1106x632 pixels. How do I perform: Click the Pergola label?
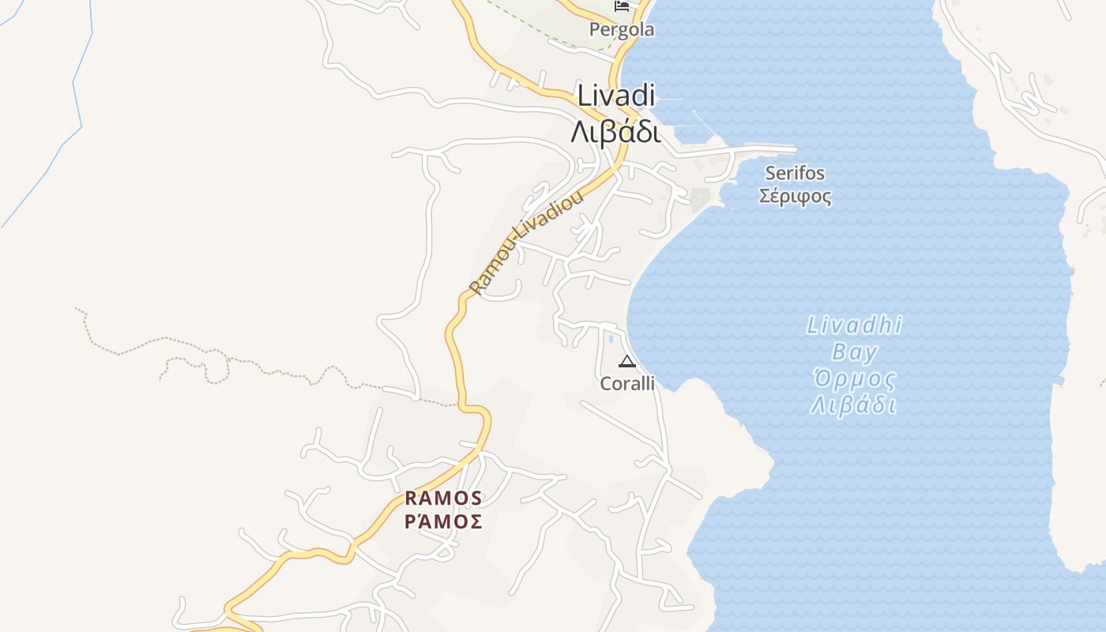pos(622,30)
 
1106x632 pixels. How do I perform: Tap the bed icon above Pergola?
pos(622,7)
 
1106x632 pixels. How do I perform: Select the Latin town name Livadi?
pos(616,96)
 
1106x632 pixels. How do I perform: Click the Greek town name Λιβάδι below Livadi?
pos(615,132)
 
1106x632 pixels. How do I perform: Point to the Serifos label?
pos(795,173)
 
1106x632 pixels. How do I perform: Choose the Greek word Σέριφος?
pos(795,195)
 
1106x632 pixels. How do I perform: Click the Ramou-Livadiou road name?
pos(526,242)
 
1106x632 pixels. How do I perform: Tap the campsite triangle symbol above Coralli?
pos(627,362)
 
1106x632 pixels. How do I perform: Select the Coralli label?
pos(627,384)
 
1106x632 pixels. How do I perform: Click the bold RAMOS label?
pos(443,498)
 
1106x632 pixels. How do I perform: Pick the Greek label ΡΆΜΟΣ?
pos(443,521)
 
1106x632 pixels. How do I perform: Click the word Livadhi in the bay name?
pos(854,325)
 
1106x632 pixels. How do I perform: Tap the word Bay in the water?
pos(854,352)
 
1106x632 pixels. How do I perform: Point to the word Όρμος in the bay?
pos(854,379)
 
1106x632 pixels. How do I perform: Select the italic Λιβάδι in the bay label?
pos(854,406)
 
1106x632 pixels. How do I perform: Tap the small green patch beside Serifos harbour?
pos(700,198)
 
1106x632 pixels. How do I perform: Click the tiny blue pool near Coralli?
pos(611,339)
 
